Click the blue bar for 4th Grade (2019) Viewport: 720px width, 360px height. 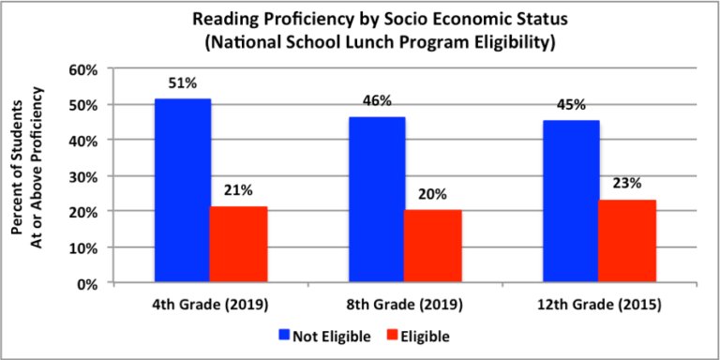click(x=183, y=190)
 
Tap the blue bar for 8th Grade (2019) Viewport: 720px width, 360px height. click(x=377, y=200)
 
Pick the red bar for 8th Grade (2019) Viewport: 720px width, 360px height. click(x=433, y=246)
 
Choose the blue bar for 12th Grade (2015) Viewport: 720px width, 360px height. click(x=571, y=201)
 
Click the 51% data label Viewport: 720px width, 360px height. click(x=183, y=83)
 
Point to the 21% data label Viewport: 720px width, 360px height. click(x=239, y=191)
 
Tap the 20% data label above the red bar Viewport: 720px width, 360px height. click(x=433, y=195)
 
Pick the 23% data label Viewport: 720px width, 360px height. click(x=627, y=185)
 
